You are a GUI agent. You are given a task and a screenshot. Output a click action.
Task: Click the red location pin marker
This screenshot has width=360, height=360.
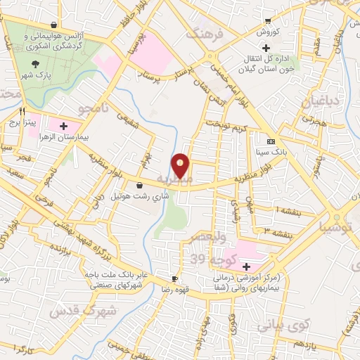181,167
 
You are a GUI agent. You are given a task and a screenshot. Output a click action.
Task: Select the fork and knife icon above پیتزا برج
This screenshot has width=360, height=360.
22,110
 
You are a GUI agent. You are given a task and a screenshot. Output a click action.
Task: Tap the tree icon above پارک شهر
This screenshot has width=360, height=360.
36,63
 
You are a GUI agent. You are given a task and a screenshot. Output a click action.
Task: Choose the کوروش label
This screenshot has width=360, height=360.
267,32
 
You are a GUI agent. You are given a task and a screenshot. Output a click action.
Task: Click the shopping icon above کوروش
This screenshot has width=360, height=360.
268,21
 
